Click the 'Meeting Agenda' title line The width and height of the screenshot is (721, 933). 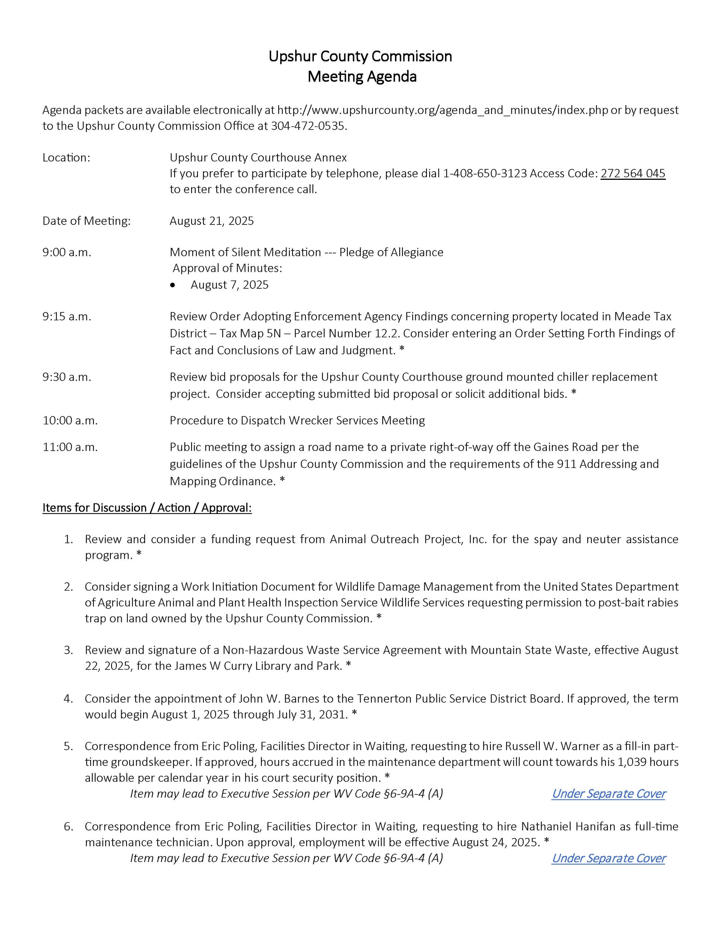[362, 77]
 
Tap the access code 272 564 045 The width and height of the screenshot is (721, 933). [632, 173]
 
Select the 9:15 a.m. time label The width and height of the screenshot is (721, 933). [67, 317]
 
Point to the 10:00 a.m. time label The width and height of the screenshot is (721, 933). [70, 421]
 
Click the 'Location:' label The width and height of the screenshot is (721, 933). [66, 158]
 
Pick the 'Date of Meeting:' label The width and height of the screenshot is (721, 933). [86, 221]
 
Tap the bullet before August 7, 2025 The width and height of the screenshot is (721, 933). [173, 285]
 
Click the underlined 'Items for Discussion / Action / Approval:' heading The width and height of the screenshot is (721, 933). [147, 508]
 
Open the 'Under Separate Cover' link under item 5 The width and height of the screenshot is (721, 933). [608, 793]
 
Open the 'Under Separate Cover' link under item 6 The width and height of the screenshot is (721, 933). [608, 858]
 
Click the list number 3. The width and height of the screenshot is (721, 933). [68, 650]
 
